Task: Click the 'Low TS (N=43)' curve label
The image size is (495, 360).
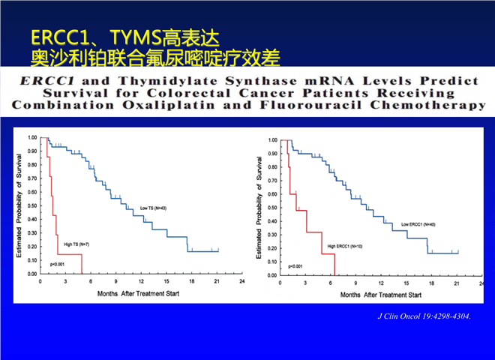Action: [x=152, y=208]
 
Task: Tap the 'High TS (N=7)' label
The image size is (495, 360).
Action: [x=77, y=245]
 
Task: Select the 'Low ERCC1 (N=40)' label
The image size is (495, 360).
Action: [x=418, y=223]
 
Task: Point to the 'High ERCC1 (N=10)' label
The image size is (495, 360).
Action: [x=344, y=246]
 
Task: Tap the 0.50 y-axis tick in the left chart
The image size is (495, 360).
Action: [x=32, y=206]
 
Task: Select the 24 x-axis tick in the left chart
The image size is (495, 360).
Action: [x=240, y=282]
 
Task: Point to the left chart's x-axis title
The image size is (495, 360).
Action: [x=138, y=292]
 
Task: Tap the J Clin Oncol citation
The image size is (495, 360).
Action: [x=424, y=316]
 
